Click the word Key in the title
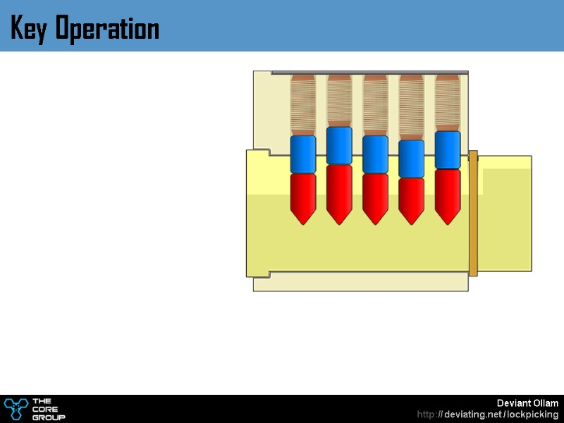(29, 29)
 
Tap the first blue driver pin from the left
(303, 154)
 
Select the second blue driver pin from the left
(339, 145)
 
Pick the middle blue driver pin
(375, 154)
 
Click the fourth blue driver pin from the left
(411, 159)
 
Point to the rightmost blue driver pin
(448, 149)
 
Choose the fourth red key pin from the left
(411, 200)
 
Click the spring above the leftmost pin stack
(303, 105)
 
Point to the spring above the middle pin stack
(375, 105)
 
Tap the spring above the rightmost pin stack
(448, 103)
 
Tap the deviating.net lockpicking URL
(488, 415)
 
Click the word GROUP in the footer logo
(49, 417)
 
